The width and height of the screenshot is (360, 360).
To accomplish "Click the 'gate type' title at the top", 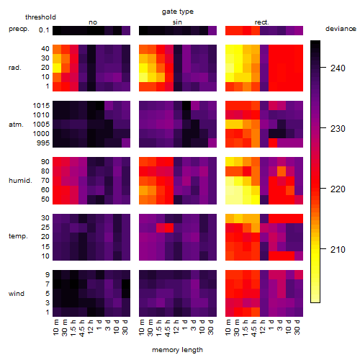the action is click(x=178, y=12).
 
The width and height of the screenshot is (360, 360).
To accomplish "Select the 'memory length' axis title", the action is click(x=178, y=350).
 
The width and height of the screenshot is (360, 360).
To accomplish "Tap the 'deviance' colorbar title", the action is click(x=341, y=29).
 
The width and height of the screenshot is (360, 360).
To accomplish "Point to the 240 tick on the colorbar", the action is click(x=323, y=68).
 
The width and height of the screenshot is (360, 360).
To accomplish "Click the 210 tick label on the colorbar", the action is click(x=338, y=250).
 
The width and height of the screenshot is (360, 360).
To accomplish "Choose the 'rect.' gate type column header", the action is click(x=261, y=22).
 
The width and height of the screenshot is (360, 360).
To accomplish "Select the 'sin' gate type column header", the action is click(x=177, y=22).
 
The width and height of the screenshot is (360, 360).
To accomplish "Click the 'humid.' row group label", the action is click(x=20, y=181).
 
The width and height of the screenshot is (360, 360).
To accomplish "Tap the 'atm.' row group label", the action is click(x=16, y=125).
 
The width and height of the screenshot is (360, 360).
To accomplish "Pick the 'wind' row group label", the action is click(x=17, y=294).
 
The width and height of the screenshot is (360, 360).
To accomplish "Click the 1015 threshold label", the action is click(x=41, y=106).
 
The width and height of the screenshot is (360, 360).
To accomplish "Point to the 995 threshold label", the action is click(x=43, y=143).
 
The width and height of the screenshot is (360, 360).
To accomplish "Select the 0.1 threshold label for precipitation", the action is click(x=44, y=30).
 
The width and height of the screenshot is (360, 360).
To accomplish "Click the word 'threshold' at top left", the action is click(x=40, y=17).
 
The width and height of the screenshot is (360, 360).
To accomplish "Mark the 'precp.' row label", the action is click(x=19, y=29).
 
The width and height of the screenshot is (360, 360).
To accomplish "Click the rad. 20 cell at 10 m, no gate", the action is click(x=57, y=68).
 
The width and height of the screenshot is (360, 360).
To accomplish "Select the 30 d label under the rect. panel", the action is click(x=297, y=327).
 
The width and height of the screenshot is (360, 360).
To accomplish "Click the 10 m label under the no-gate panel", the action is click(x=55, y=327).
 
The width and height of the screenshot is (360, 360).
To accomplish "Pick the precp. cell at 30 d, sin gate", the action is click(x=212, y=30).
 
